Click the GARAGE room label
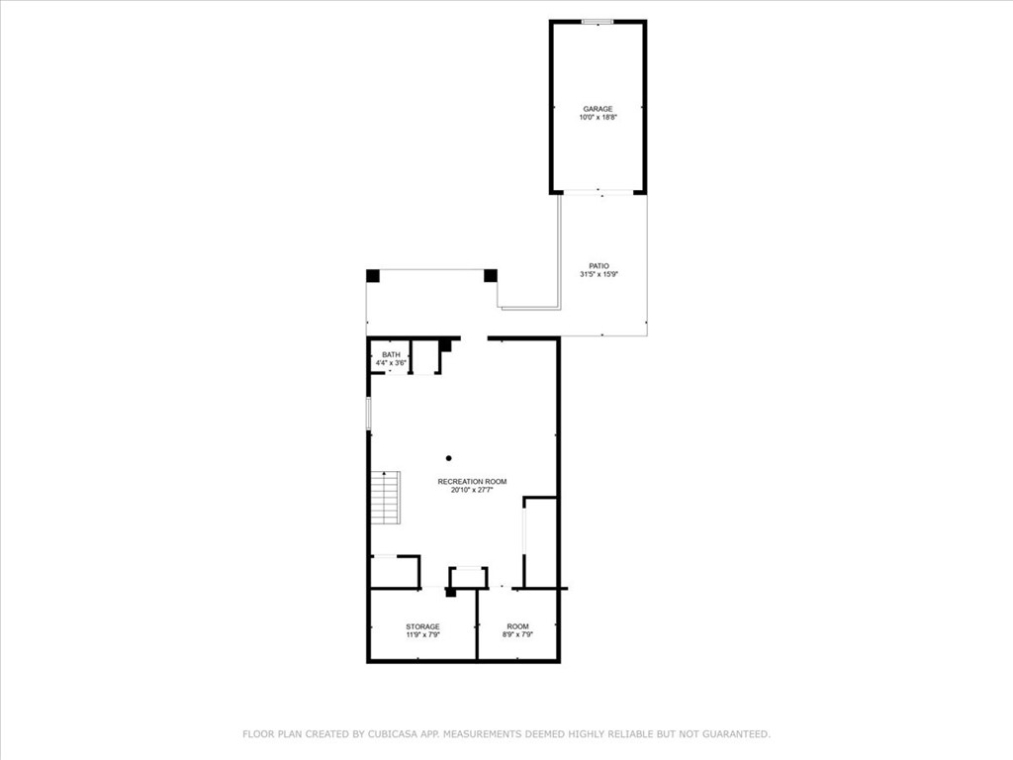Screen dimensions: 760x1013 click(598, 109)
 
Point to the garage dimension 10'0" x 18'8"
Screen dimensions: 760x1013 click(598, 118)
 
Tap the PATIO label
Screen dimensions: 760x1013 click(599, 265)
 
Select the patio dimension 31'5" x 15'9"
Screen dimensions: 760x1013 click(599, 274)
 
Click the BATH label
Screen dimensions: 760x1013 click(391, 355)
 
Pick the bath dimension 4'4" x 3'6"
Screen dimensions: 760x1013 click(391, 364)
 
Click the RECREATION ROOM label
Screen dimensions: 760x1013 click(472, 482)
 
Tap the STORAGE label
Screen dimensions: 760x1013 click(422, 626)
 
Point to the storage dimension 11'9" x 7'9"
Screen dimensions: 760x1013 click(422, 635)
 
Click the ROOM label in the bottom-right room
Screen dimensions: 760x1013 click(517, 626)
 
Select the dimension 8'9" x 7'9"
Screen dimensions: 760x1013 click(517, 635)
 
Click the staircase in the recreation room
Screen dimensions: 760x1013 click(386, 499)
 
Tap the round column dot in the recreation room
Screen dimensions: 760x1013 click(448, 458)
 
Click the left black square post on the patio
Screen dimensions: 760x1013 click(373, 276)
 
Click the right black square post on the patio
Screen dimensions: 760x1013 click(490, 276)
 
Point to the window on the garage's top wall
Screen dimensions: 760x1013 click(598, 22)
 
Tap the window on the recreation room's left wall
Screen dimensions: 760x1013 click(369, 414)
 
